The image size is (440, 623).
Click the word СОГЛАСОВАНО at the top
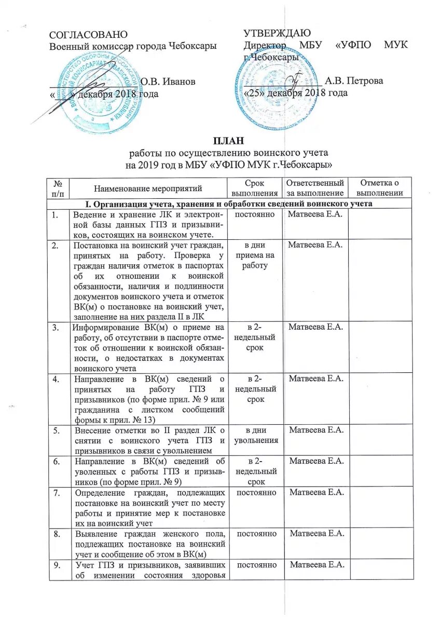pyautogui.click(x=88, y=35)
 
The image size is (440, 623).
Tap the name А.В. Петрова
pyautogui.click(x=354, y=81)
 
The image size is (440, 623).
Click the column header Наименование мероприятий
pyautogui.click(x=148, y=188)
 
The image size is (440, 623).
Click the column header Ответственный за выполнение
pyautogui.click(x=315, y=188)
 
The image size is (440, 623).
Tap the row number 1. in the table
pyautogui.click(x=57, y=215)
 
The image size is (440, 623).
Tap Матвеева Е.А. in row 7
pyautogui.click(x=316, y=492)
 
